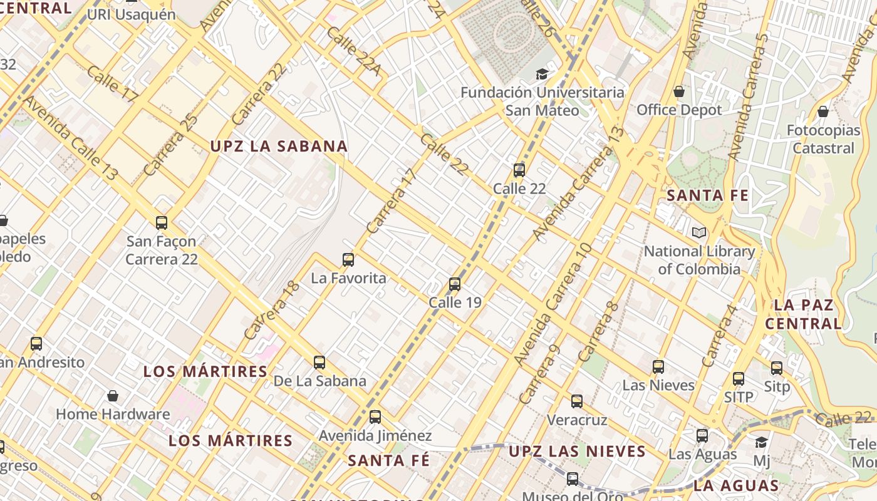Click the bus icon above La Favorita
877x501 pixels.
[348, 259]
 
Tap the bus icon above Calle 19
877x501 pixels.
[455, 284]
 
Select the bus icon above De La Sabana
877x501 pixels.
[319, 362]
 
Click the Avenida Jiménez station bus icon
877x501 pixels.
[375, 416]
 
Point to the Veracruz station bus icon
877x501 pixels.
[577, 401]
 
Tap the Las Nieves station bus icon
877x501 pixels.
[658, 367]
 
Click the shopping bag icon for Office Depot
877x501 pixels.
[679, 92]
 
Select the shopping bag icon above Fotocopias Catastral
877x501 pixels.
[823, 111]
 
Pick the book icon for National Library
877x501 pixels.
[699, 233]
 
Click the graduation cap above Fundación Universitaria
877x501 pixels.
[541, 74]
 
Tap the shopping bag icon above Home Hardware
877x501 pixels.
[113, 396]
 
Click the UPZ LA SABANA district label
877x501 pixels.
[279, 147]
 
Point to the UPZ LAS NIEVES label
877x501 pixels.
[577, 452]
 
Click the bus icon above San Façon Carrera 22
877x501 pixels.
[162, 222]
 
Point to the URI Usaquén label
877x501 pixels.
[132, 14]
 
